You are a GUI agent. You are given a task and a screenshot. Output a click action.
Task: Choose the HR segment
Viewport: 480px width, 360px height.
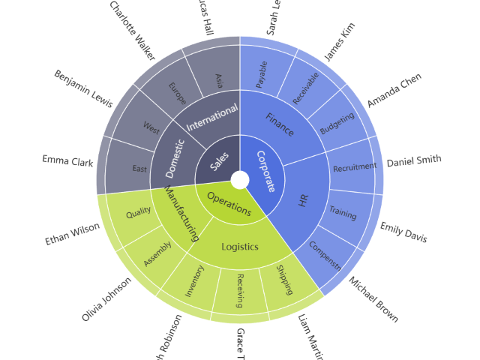pyautogui.click(x=304, y=200)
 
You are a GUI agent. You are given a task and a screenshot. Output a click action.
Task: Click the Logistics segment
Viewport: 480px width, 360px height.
pyautogui.click(x=240, y=247)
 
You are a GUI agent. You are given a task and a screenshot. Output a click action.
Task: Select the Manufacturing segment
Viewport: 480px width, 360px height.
pyautogui.click(x=181, y=214)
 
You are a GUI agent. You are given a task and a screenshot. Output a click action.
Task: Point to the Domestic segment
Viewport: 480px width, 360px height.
pyautogui.click(x=174, y=157)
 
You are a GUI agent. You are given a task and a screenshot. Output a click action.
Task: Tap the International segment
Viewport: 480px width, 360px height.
pyautogui.click(x=211, y=117)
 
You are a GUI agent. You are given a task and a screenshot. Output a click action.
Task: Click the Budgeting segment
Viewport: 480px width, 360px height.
pyautogui.click(x=337, y=124)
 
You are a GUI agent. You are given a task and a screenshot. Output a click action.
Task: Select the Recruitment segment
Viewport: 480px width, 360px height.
pyautogui.click(x=354, y=167)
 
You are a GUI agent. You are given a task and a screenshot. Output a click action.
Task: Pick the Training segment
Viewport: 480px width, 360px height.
pyautogui.click(x=343, y=214)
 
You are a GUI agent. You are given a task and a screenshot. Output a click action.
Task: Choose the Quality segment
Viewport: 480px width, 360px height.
pyautogui.click(x=139, y=213)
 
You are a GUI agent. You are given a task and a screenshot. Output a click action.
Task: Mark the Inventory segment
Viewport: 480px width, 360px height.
pyautogui.click(x=194, y=280)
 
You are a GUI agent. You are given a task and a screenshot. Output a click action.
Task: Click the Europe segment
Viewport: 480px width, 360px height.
pyautogui.click(x=177, y=94)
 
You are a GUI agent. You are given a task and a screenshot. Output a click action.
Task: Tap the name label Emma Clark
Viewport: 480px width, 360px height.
pyautogui.click(x=67, y=160)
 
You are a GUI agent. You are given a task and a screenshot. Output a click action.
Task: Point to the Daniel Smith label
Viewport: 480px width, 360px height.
pyautogui.click(x=414, y=160)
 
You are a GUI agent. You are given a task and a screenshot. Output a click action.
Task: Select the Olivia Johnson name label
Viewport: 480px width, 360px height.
pyautogui.click(x=106, y=299)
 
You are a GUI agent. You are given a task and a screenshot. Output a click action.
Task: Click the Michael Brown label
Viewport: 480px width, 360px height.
pyautogui.click(x=373, y=299)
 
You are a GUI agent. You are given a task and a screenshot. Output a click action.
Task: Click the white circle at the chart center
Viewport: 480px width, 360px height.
pyautogui.click(x=240, y=180)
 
